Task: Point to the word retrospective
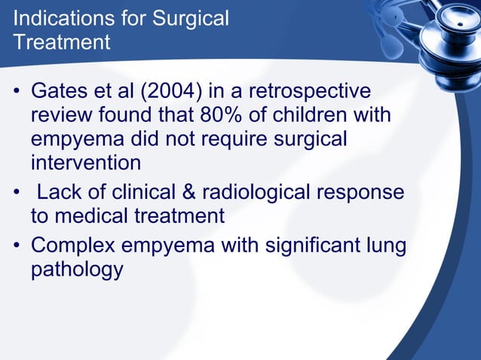pyautogui.click(x=308, y=92)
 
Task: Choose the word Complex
pyautogui.click(x=74, y=246)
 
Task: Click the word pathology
pyautogui.click(x=76, y=270)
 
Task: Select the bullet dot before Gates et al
pyautogui.click(x=16, y=93)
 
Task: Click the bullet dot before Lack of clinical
pyautogui.click(x=16, y=194)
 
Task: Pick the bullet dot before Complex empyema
pyautogui.click(x=16, y=246)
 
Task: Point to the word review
pyautogui.click(x=63, y=116)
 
